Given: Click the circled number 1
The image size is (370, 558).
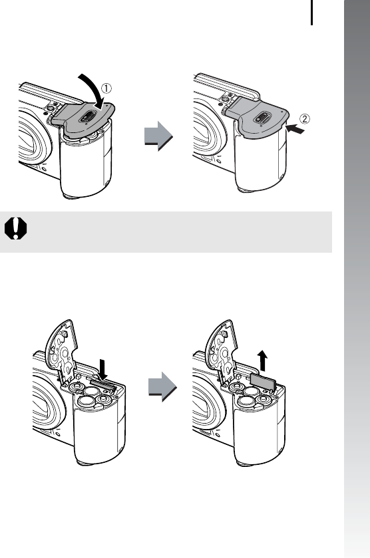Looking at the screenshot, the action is click(106, 88).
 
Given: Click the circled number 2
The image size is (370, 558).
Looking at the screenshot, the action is click(304, 118).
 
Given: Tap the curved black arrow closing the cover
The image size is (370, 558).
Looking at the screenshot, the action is click(93, 90).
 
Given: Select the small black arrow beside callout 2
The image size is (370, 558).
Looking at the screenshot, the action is click(295, 129).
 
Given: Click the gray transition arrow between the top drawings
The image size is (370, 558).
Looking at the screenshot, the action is click(158, 136).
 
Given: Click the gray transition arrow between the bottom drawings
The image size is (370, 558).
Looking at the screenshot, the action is click(162, 387).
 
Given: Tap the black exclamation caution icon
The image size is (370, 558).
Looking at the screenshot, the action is click(16, 228).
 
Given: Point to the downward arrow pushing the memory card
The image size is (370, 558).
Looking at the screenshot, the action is click(103, 369).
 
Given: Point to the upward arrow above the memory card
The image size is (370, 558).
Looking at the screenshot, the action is click(262, 360).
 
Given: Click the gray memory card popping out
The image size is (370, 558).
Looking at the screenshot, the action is click(263, 382).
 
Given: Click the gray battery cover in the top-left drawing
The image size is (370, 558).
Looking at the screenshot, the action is click(83, 118).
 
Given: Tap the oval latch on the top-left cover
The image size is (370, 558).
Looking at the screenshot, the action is click(87, 116).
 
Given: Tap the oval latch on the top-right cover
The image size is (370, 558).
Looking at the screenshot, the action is click(261, 118).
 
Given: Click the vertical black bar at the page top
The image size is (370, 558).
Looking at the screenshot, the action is click(312, 13).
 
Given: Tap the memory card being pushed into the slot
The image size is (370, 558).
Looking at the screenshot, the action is click(103, 384).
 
